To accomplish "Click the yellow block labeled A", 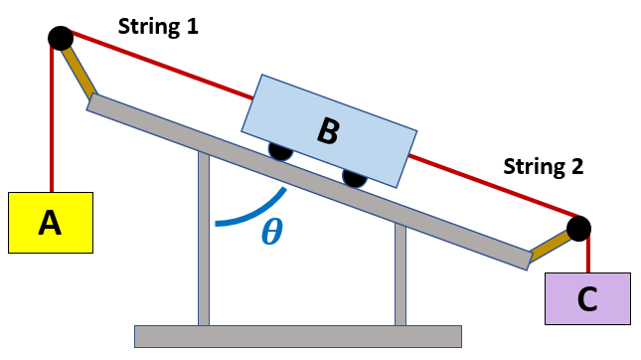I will [50, 223].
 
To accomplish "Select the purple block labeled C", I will [587, 298].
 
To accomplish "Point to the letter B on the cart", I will [327, 129].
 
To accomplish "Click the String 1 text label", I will [158, 27].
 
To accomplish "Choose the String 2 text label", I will [543, 166].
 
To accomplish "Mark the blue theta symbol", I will [270, 232].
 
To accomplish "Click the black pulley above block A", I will [60, 38].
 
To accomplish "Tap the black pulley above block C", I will [578, 229].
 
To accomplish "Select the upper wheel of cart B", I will [279, 151].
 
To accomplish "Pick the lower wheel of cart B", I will [355, 177].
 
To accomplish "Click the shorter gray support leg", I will [401, 274].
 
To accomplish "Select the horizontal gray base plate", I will [298, 336].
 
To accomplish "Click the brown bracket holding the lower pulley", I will [549, 245].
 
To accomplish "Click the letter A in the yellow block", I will [50, 224].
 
